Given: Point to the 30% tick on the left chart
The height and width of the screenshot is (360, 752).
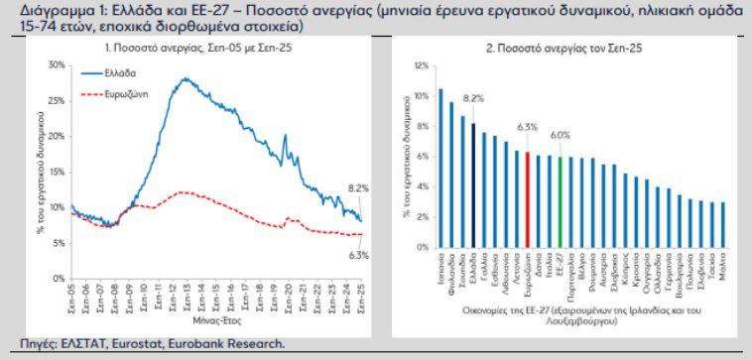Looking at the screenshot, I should click(56, 63).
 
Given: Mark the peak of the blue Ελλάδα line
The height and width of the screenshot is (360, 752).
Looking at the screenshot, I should click(184, 78).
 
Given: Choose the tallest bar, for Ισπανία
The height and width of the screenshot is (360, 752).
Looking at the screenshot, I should click(441, 169).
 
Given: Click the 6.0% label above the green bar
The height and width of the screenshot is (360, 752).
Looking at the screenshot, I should click(561, 134).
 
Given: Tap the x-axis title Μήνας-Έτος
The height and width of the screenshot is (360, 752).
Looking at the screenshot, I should click(204, 320).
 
